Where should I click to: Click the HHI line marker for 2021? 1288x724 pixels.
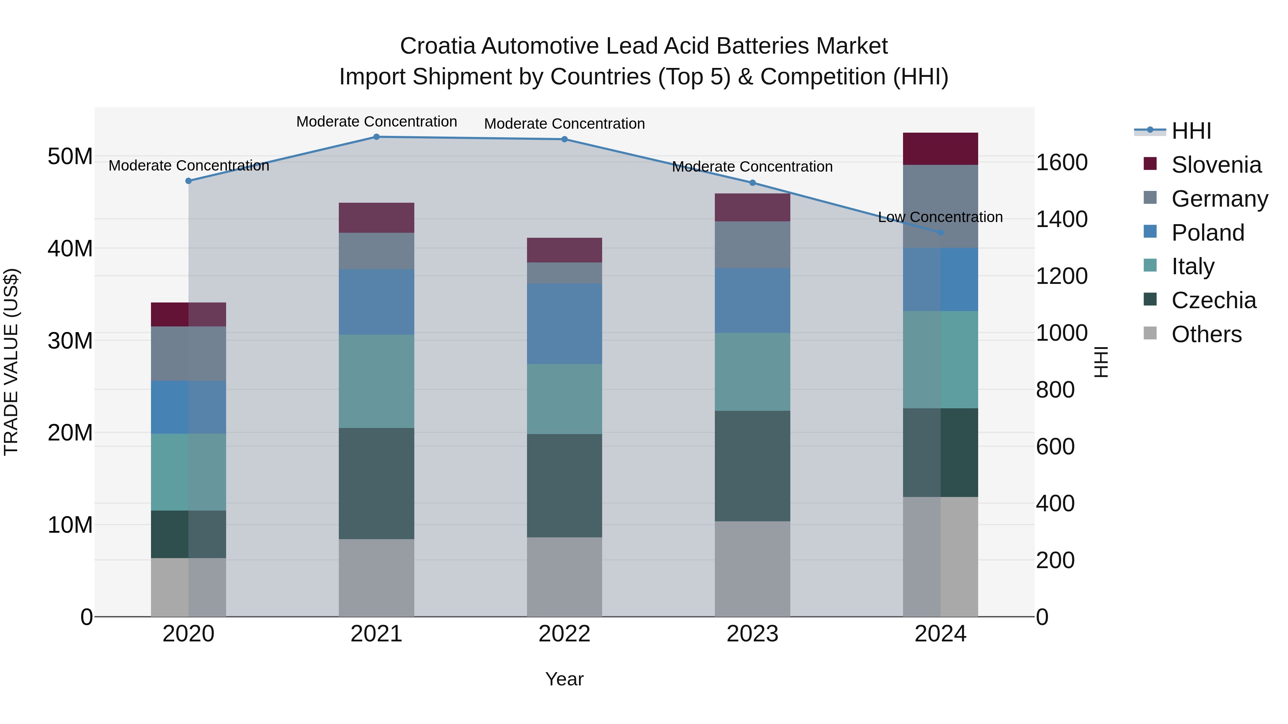(x=376, y=137)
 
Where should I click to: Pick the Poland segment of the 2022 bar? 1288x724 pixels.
(x=565, y=324)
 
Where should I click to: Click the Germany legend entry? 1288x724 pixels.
(x=1219, y=199)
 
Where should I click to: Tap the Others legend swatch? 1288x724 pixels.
(x=1150, y=333)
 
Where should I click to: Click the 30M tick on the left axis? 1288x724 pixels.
(x=70, y=341)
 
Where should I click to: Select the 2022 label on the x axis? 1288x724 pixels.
(x=565, y=634)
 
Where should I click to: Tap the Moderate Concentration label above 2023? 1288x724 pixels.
(x=752, y=167)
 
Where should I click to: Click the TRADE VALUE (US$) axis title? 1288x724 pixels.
(x=11, y=362)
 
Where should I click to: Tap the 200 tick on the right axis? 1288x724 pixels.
(x=1055, y=561)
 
